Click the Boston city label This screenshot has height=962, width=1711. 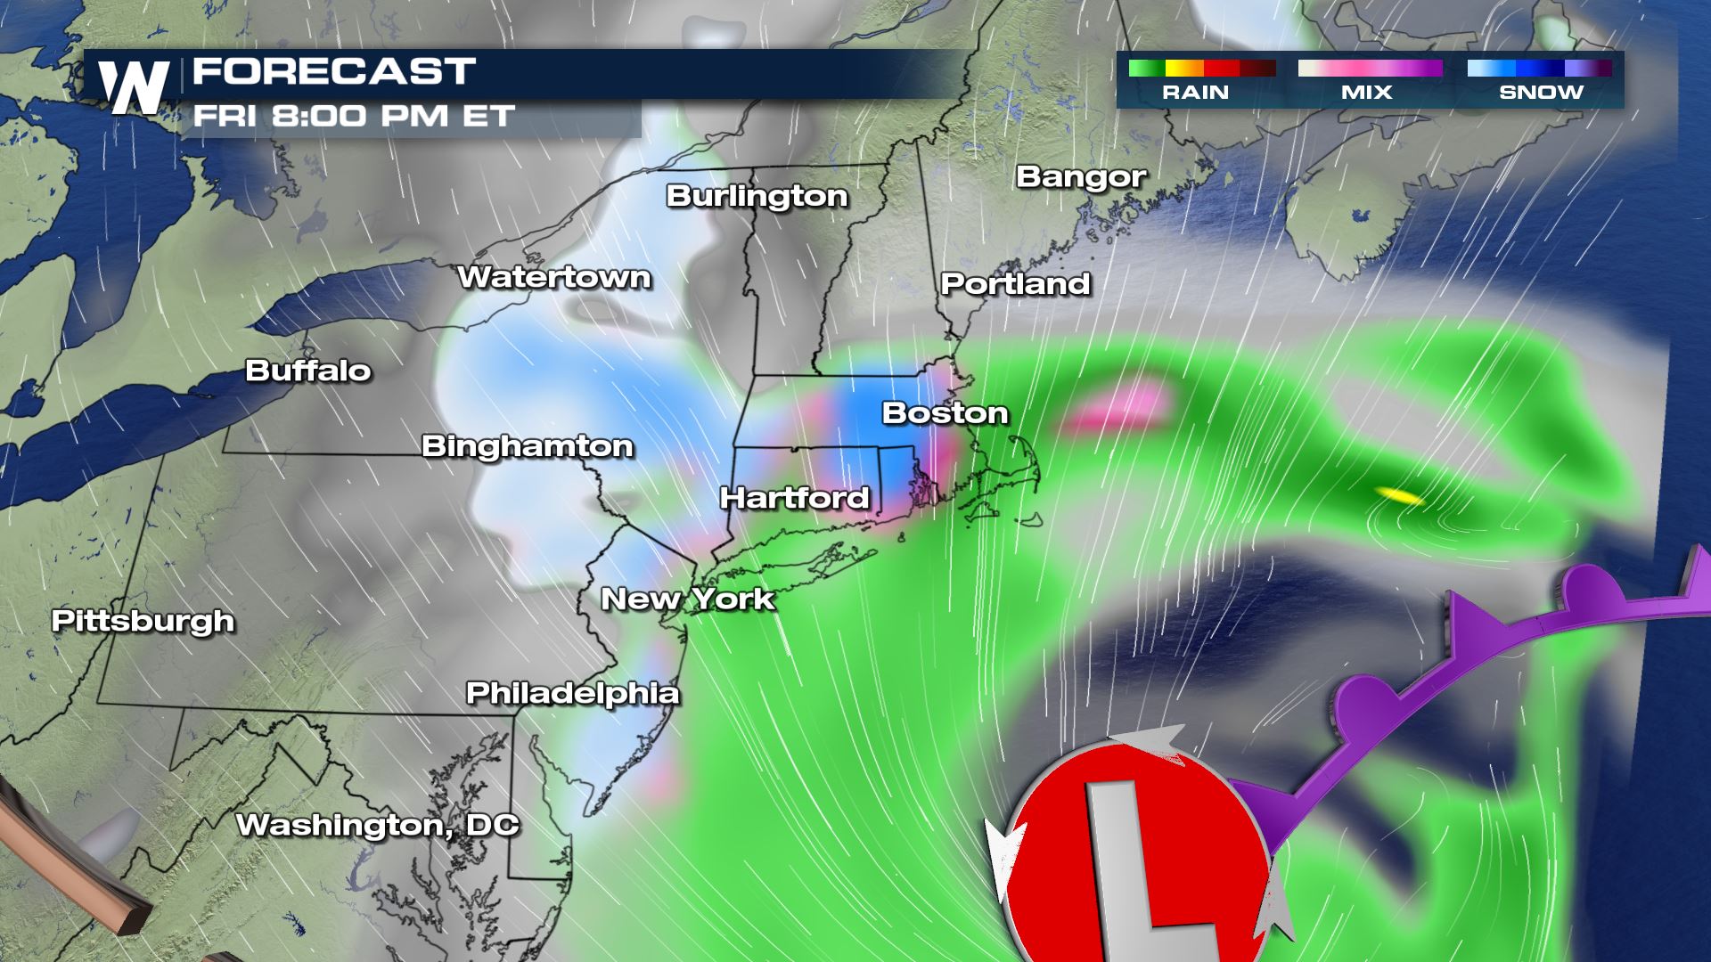click(x=945, y=413)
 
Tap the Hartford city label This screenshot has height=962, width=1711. click(x=794, y=497)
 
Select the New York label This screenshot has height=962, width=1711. click(x=688, y=599)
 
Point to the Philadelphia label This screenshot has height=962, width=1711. click(x=572, y=693)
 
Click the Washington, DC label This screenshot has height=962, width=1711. click(x=377, y=825)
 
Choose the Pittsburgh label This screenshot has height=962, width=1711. click(x=143, y=621)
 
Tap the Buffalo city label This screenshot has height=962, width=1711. click(x=307, y=371)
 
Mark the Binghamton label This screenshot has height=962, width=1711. click(x=527, y=446)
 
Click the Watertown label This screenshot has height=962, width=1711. click(x=553, y=278)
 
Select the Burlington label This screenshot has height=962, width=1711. click(x=757, y=196)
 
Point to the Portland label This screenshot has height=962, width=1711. click(x=1015, y=284)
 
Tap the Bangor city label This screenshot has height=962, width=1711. click(x=1080, y=177)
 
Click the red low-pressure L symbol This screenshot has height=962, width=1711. click(x=1141, y=855)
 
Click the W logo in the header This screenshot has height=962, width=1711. click(x=134, y=87)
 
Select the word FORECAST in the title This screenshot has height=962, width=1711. click(x=334, y=71)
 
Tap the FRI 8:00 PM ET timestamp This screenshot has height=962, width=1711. click(x=354, y=117)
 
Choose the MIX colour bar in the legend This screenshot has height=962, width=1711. click(x=1370, y=69)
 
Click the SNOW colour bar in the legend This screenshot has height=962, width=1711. click(x=1539, y=69)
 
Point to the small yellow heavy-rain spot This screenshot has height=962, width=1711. click(x=1397, y=496)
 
